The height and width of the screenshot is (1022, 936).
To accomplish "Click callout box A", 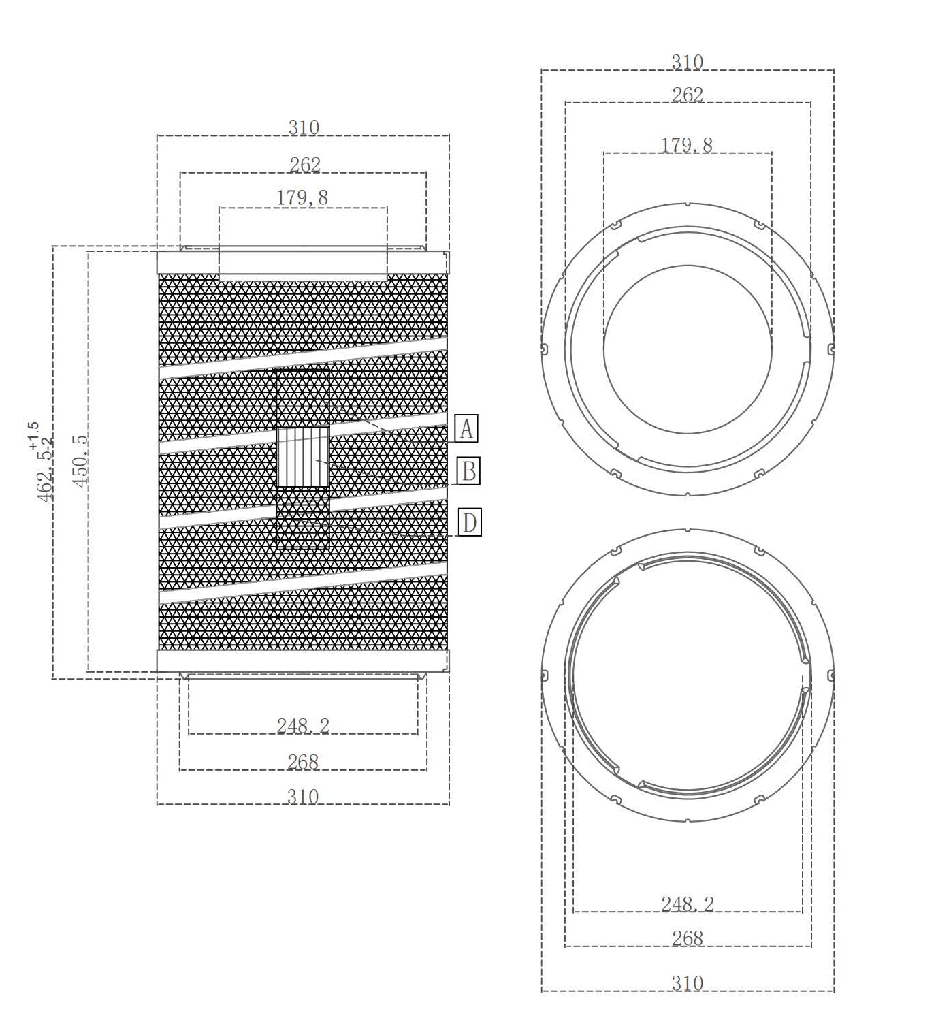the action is click(x=466, y=428).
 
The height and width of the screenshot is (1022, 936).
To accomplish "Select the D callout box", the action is click(x=469, y=522).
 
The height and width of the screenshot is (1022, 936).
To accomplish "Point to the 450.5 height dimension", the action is click(x=80, y=460).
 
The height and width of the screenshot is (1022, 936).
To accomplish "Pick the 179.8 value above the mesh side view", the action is click(x=302, y=197).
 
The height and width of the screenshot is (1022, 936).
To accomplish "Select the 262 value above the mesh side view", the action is click(x=305, y=165).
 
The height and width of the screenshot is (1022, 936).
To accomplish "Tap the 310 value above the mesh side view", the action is click(x=304, y=127).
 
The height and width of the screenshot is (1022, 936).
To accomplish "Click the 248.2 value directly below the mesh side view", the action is click(x=303, y=726).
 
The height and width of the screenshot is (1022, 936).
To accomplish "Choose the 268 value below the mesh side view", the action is click(x=303, y=763).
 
